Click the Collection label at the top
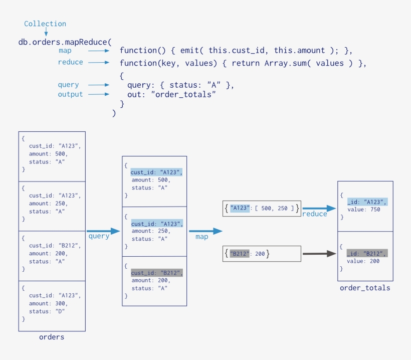(x=45, y=24)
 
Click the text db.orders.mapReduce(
(x=65, y=42)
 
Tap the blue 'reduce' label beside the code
(x=70, y=62)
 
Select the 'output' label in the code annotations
(x=70, y=94)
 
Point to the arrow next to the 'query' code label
(x=99, y=85)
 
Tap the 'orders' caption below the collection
(x=52, y=337)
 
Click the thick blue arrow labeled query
(x=104, y=231)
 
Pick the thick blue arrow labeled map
(x=205, y=231)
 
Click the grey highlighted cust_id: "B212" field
(x=156, y=273)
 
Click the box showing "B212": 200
(x=262, y=254)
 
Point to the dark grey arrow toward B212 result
(x=319, y=254)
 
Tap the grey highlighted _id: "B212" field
(x=367, y=253)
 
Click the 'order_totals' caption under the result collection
(x=364, y=288)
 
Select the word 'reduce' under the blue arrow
(x=314, y=214)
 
